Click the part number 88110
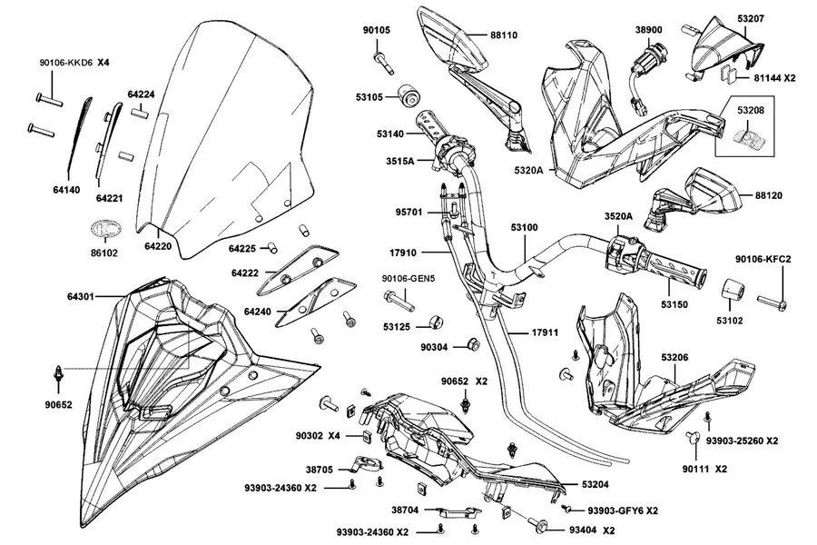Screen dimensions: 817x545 [503, 35]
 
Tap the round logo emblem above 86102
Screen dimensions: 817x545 [106, 229]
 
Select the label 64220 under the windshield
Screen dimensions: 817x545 [158, 245]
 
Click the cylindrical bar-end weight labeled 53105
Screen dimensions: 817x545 [408, 95]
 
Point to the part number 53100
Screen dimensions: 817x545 [524, 227]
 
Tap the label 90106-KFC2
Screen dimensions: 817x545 [763, 259]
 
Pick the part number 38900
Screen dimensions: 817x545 [649, 30]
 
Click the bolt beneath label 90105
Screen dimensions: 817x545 [383, 63]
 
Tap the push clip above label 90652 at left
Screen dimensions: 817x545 [59, 374]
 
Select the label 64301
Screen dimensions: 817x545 [80, 296]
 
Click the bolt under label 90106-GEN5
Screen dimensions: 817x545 [399, 301]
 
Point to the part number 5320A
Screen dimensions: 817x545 [528, 170]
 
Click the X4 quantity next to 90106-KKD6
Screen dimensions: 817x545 [103, 62]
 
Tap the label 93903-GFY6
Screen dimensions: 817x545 [615, 510]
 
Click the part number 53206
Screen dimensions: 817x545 [674, 357]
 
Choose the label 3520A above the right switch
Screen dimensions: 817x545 [618, 216]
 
